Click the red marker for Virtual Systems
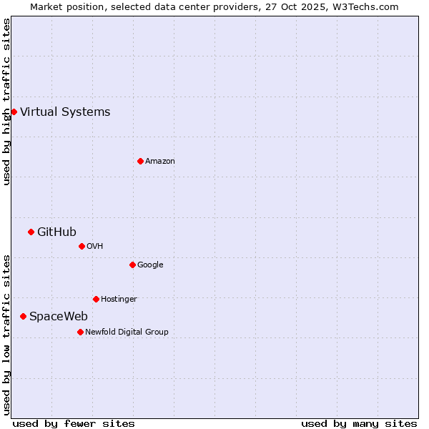coord(14,112)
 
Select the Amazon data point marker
coord(140,161)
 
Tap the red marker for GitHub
coord(31,232)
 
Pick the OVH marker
coord(82,246)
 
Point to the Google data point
coord(132,265)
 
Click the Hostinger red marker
coord(96,299)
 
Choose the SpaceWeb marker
coord(23,316)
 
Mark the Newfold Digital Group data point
coord(80,332)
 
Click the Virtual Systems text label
coord(65,112)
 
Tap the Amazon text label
coord(160,161)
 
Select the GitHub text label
coord(56,232)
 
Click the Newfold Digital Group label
coord(127,332)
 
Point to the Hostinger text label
coord(119,299)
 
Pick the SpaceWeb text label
coord(59,316)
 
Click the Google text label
coord(150,265)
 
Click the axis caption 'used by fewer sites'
coord(74,423)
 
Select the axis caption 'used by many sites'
coord(359,423)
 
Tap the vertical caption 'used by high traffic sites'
coord(6,102)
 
